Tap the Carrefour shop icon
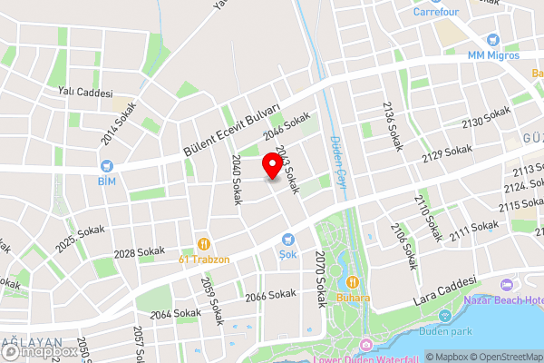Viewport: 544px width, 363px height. click(446, 2)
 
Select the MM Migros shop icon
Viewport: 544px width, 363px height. click(492, 41)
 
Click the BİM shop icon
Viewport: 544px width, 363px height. click(107, 166)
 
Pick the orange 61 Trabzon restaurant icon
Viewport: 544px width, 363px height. click(204, 243)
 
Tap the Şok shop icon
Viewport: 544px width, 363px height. click(288, 240)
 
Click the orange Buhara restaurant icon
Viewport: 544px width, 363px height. click(350, 281)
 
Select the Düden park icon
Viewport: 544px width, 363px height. click(445, 316)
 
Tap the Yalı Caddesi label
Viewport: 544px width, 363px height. click(83, 93)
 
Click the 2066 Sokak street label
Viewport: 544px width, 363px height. click(270, 296)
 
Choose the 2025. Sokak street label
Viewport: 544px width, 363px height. click(80, 240)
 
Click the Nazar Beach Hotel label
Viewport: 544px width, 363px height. click(504, 299)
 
